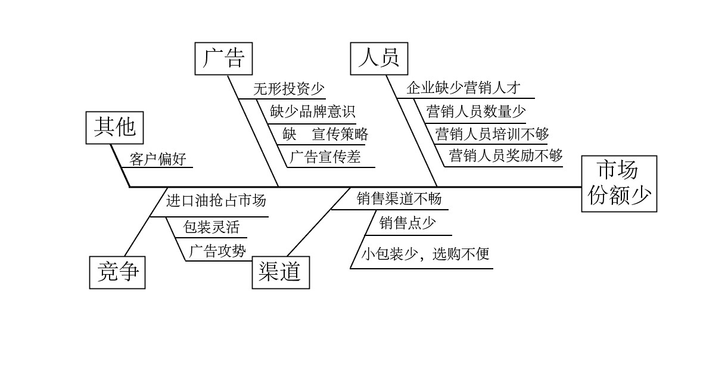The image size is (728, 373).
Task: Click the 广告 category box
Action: (x=223, y=58)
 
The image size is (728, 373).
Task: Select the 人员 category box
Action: (x=378, y=58)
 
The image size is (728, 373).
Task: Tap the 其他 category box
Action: (x=115, y=127)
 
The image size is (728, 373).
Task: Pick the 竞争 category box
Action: (x=117, y=272)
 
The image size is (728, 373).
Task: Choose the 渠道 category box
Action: (x=281, y=272)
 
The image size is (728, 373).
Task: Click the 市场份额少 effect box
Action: (x=619, y=184)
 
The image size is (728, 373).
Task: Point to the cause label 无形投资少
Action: (x=289, y=89)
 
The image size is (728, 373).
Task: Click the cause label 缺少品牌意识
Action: (x=312, y=111)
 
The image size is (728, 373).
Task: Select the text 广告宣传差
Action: (x=325, y=157)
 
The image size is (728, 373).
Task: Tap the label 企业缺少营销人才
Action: (x=463, y=89)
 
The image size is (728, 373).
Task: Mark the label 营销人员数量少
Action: (x=476, y=111)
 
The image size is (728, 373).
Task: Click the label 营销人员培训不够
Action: (x=492, y=133)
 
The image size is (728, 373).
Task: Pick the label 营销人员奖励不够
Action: (x=506, y=156)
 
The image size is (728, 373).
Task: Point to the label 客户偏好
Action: (x=158, y=159)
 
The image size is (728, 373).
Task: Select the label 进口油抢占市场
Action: (x=216, y=201)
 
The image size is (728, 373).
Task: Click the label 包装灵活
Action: (x=206, y=227)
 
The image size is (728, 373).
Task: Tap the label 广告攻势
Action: (x=217, y=251)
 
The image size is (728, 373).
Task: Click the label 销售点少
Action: (x=407, y=224)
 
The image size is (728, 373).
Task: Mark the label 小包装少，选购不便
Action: (x=425, y=254)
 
